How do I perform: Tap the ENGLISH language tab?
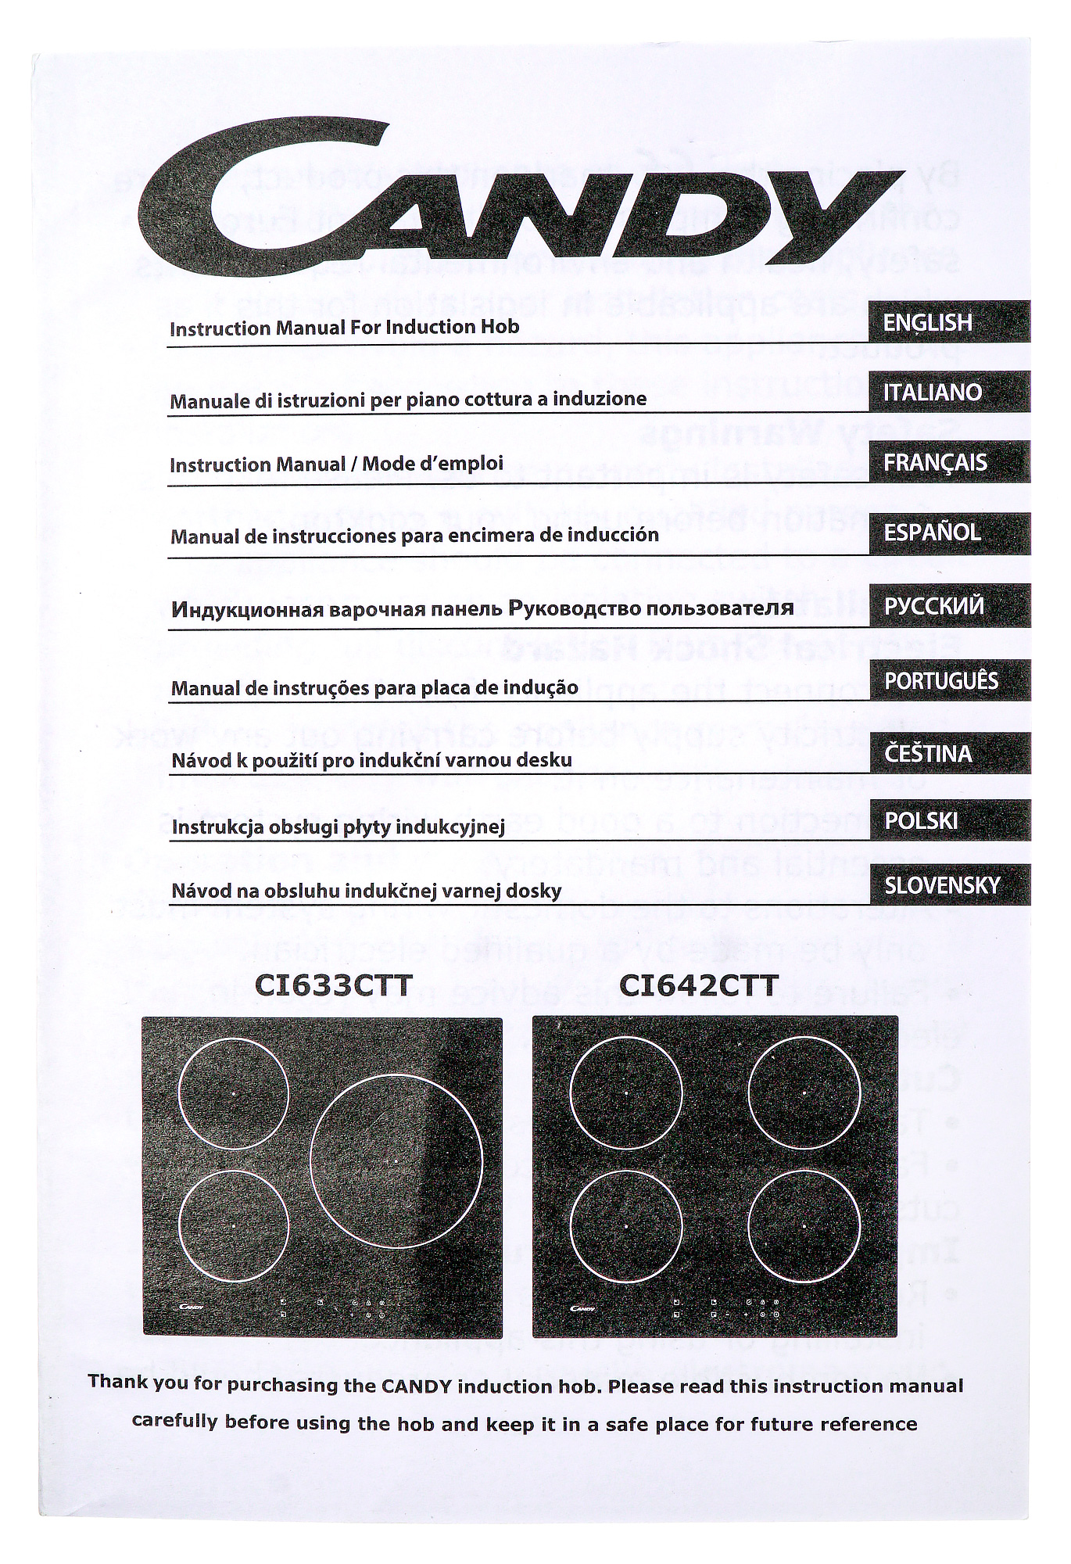pos(949,322)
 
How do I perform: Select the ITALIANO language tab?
pos(949,392)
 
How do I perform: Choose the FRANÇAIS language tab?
pos(949,462)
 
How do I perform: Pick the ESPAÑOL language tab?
pos(949,533)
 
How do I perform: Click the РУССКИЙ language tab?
pos(949,606)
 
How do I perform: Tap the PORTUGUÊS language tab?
pos(949,680)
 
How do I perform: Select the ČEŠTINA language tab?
pos(949,753)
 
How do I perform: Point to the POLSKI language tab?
pos(949,820)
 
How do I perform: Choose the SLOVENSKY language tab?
pos(949,885)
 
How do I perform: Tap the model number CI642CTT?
pos(698,985)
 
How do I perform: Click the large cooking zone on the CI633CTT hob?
pos(396,1161)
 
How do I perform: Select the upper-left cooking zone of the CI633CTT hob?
pos(233,1092)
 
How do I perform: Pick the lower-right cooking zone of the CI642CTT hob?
pos(804,1226)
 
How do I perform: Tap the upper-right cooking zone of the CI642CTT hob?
pos(804,1092)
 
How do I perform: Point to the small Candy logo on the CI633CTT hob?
pos(192,1305)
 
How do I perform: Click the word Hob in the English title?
pos(501,326)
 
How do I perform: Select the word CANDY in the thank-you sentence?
pos(417,1386)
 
